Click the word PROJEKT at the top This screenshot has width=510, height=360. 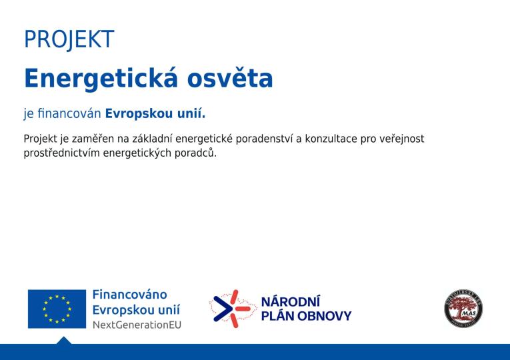pyautogui.click(x=69, y=39)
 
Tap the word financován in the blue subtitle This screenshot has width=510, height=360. pyautogui.click(x=69, y=113)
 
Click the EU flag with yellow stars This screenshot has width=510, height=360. pyautogui.click(x=57, y=309)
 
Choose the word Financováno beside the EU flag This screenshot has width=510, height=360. pyautogui.click(x=129, y=295)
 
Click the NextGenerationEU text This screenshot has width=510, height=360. pyautogui.click(x=136, y=325)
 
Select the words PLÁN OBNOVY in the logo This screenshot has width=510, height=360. pyautogui.click(x=306, y=316)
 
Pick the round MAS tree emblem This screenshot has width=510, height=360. pyautogui.click(x=463, y=308)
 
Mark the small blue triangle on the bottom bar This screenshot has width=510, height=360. pyautogui.click(x=63, y=341)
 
